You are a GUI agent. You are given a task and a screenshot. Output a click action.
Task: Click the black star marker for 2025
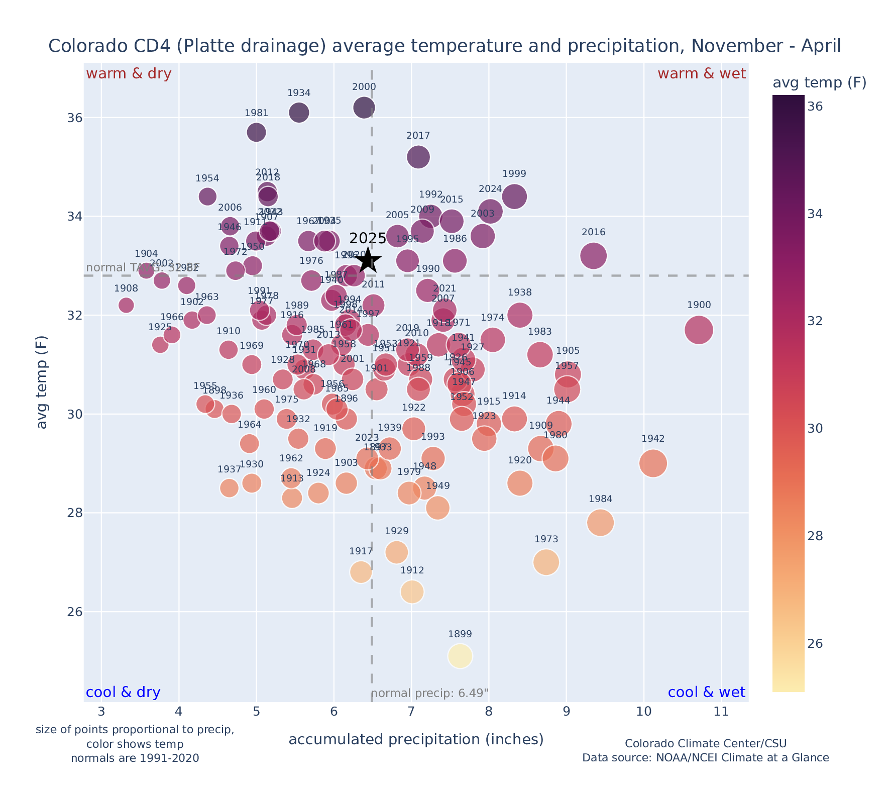368,260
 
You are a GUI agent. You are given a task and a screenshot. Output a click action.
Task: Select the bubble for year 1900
698,330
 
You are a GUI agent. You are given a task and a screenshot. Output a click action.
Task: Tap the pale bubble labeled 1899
460,656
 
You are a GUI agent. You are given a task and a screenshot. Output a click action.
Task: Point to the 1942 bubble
653,463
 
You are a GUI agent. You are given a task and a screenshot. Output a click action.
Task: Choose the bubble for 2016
593,256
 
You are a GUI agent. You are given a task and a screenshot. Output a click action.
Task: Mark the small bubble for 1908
126,305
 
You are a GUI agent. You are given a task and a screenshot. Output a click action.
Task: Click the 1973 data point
546,562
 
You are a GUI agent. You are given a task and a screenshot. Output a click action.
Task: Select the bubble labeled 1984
600,523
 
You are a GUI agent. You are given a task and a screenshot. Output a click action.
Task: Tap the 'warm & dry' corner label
129,74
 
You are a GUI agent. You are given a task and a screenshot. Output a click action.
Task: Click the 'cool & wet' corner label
706,693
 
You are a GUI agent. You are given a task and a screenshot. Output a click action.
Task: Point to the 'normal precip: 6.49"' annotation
430,694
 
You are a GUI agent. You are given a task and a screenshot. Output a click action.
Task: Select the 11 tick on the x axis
721,711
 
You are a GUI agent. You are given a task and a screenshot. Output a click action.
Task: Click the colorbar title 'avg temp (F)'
819,83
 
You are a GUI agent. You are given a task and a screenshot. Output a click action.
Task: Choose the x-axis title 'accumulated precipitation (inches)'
416,739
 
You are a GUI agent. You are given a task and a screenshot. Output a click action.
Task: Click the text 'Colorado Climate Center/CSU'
706,743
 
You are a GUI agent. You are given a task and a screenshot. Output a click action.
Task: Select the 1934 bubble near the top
299,113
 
